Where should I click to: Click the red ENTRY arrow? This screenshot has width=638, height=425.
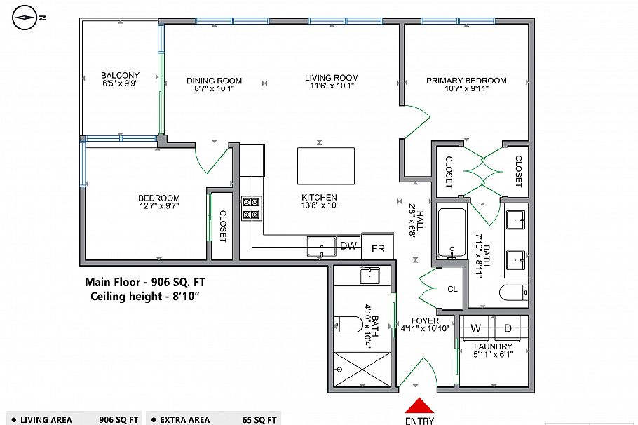pyautogui.click(x=419, y=405)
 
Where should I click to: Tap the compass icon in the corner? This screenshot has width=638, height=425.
pyautogui.click(x=26, y=16)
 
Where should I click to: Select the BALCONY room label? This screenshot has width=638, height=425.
pyautogui.click(x=120, y=76)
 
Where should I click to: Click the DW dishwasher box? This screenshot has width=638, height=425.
pyautogui.click(x=348, y=246)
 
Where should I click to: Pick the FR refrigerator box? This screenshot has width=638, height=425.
pyautogui.click(x=378, y=248)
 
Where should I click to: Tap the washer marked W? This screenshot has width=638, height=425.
pyautogui.click(x=475, y=328)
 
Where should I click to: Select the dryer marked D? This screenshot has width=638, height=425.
pyautogui.click(x=508, y=328)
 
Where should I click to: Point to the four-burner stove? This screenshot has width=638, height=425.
pyautogui.click(x=251, y=208)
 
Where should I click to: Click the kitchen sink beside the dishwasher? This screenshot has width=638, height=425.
pyautogui.click(x=322, y=246)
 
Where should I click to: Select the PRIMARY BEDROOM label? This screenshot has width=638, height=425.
pyautogui.click(x=466, y=81)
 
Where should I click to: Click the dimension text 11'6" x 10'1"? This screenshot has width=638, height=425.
pyautogui.click(x=332, y=87)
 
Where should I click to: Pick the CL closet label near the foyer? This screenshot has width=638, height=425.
pyautogui.click(x=452, y=289)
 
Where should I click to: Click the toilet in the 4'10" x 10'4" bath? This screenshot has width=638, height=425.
pyautogui.click(x=350, y=325)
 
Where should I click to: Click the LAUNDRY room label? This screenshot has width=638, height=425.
pyautogui.click(x=493, y=346)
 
